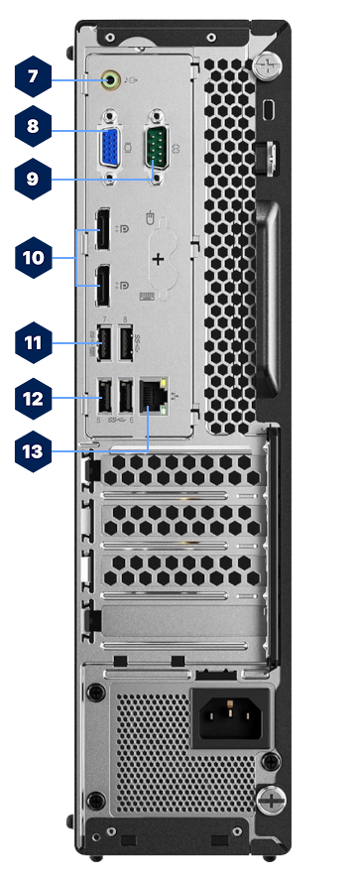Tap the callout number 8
33,126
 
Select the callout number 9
33,180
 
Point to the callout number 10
33,257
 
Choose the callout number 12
33,399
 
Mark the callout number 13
33,450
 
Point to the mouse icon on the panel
149,214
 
